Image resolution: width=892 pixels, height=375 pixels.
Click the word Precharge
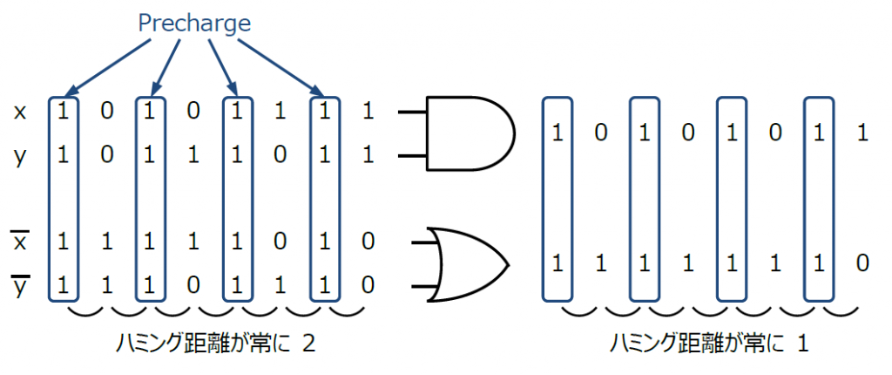click(x=194, y=24)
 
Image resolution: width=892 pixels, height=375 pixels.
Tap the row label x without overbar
click(x=20, y=112)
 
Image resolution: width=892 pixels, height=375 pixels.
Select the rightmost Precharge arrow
click(x=280, y=65)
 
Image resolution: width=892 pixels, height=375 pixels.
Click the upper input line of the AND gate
click(x=412, y=112)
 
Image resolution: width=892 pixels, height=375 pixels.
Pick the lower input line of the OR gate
click(x=425, y=286)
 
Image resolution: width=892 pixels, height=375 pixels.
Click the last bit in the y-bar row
click(x=368, y=284)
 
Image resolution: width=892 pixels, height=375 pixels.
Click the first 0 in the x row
click(x=106, y=112)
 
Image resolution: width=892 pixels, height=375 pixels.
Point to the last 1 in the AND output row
click(x=862, y=133)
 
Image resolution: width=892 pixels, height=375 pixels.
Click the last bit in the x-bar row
click(x=368, y=242)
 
